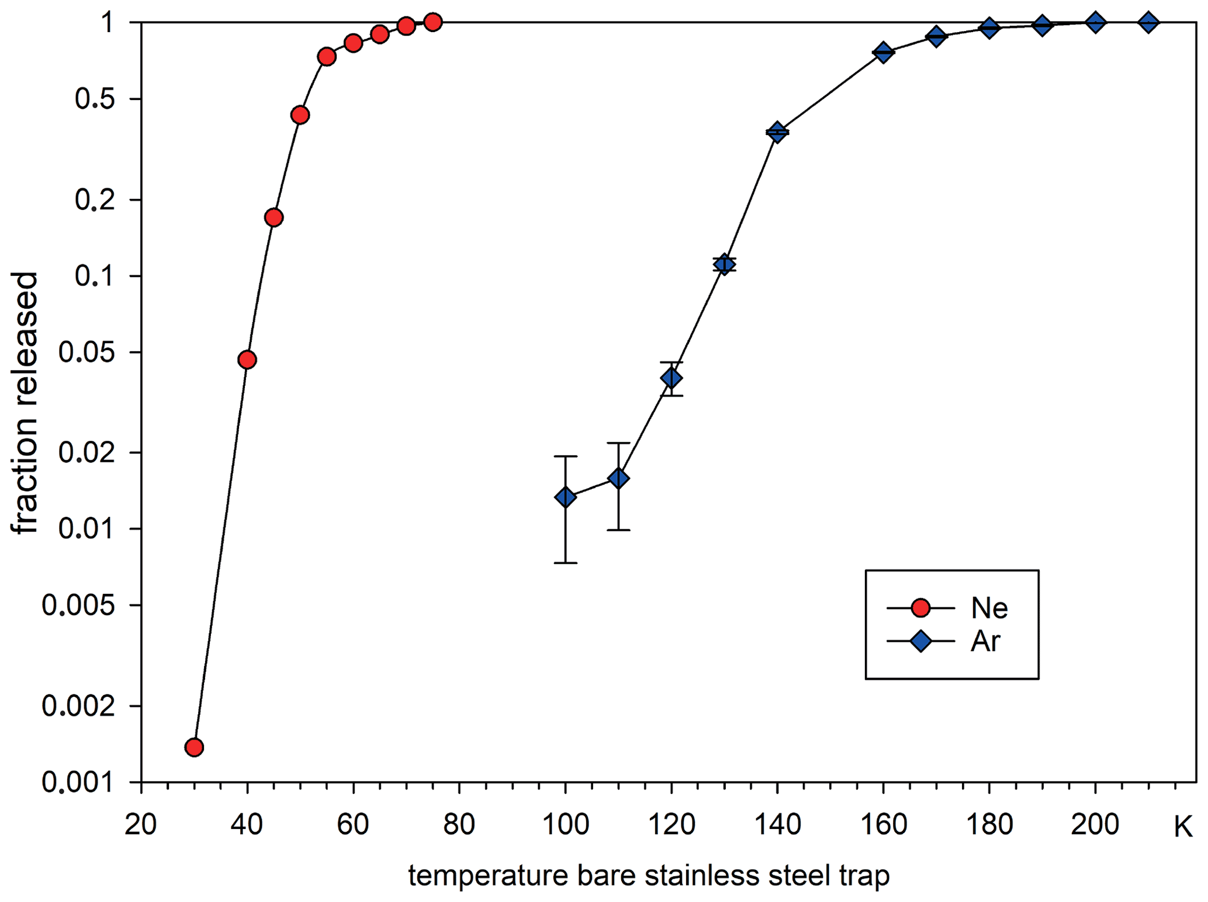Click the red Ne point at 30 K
click(194, 747)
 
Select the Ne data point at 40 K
click(247, 360)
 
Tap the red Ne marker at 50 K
click(300, 115)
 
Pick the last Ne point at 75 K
click(432, 22)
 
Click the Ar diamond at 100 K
click(565, 497)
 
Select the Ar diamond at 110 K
click(618, 479)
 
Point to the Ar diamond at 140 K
click(777, 132)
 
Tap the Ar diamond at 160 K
click(883, 53)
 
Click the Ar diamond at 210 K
click(1148, 22)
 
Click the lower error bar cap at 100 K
click(565, 563)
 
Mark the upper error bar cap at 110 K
click(618, 443)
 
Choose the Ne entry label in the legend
click(989, 609)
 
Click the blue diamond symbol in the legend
click(920, 641)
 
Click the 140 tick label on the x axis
click(777, 825)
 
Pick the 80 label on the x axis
click(459, 825)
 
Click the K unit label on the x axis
click(1182, 827)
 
